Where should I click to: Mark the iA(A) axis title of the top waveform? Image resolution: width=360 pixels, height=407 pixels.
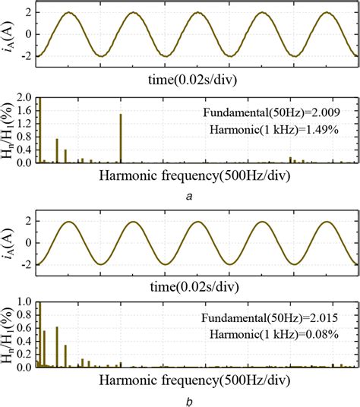click(10, 33)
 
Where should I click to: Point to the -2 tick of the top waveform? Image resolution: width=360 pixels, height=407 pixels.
click(27, 55)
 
